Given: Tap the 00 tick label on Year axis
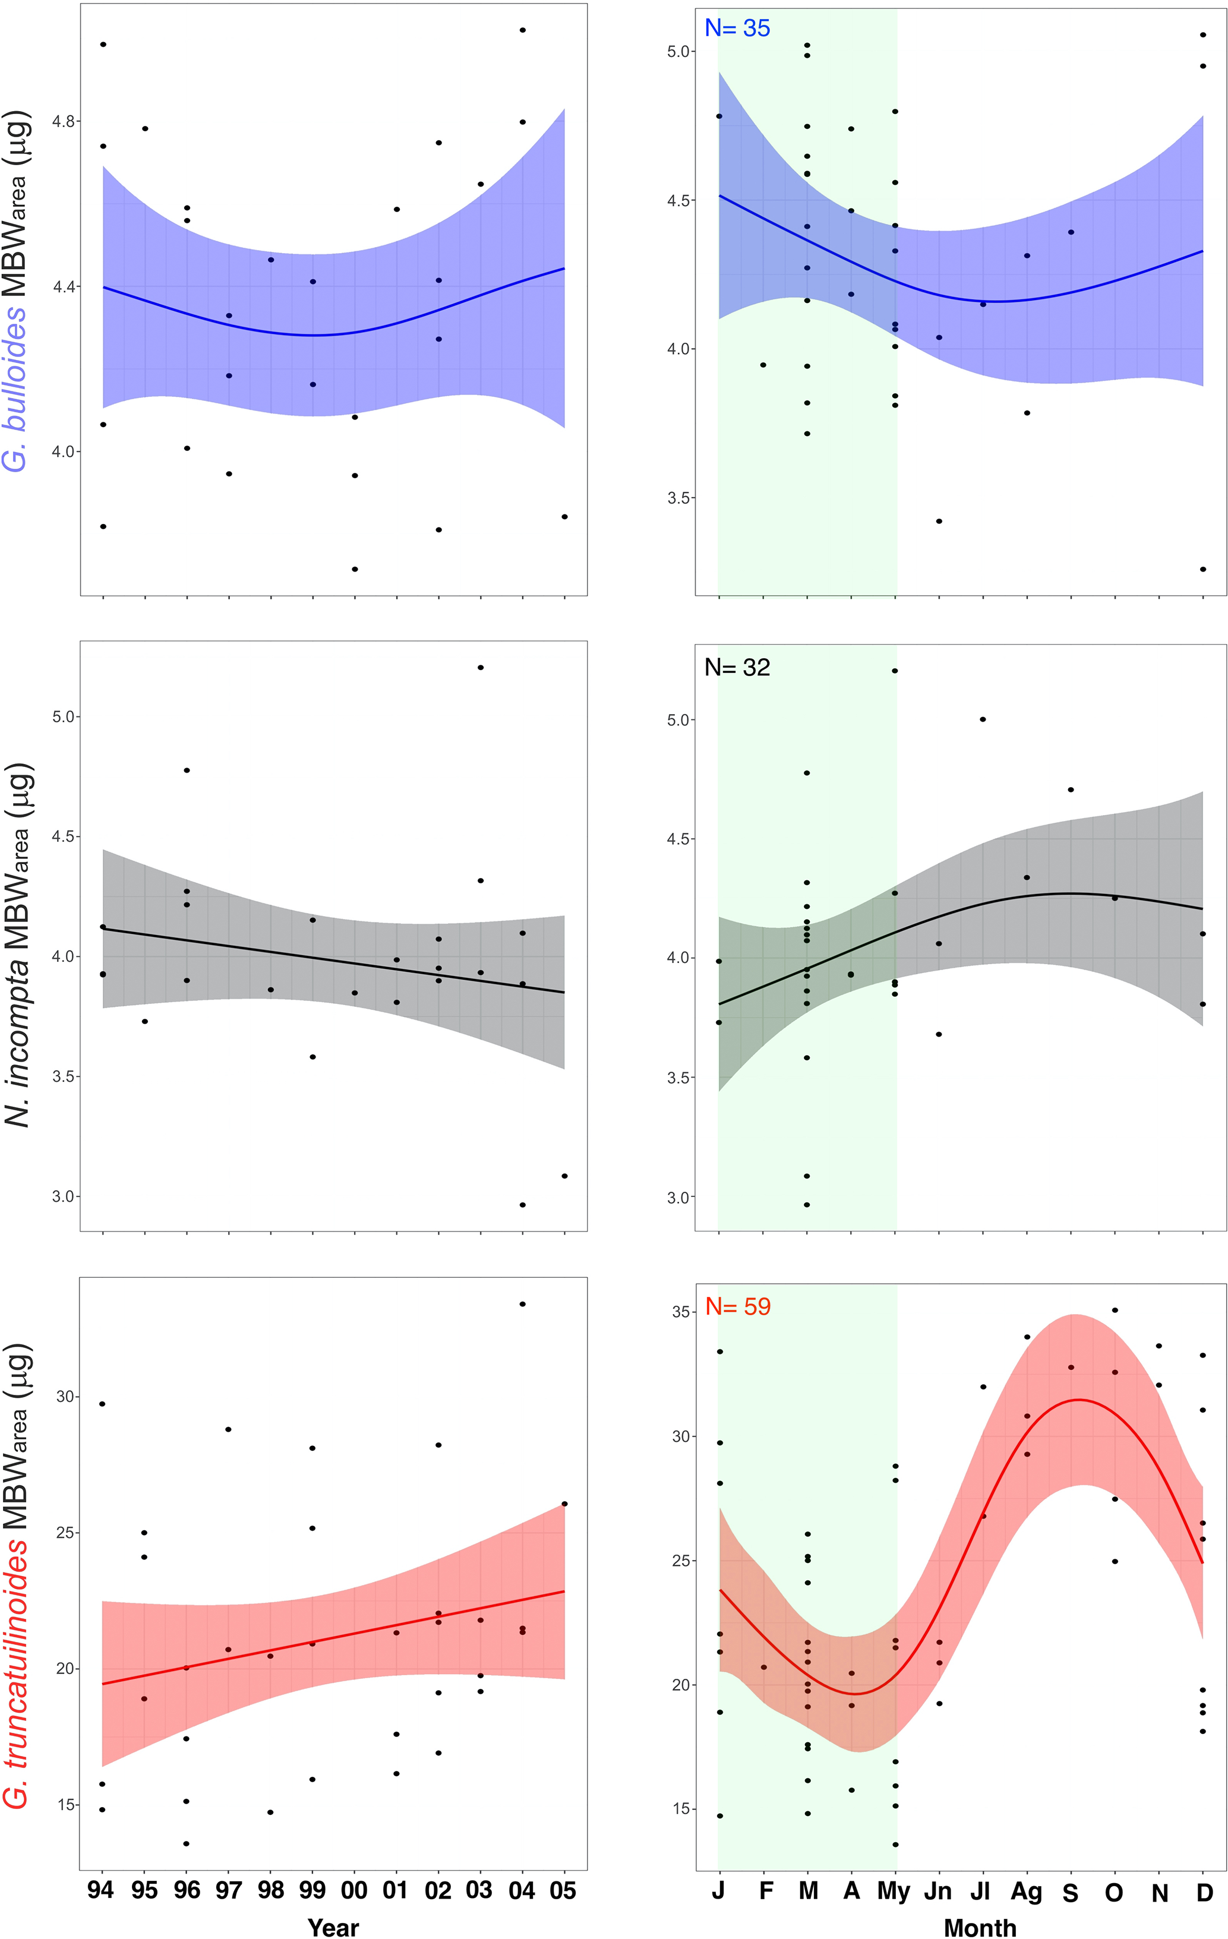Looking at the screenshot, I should coord(354,1889).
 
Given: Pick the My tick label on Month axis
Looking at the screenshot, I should coord(894,1891).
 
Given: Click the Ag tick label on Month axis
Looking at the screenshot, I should coord(1027,1891).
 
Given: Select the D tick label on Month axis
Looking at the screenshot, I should coord(1204,1891).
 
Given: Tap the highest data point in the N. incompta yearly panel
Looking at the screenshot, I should coord(481,668).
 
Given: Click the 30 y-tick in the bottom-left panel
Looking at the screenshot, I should coord(66,1396).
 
